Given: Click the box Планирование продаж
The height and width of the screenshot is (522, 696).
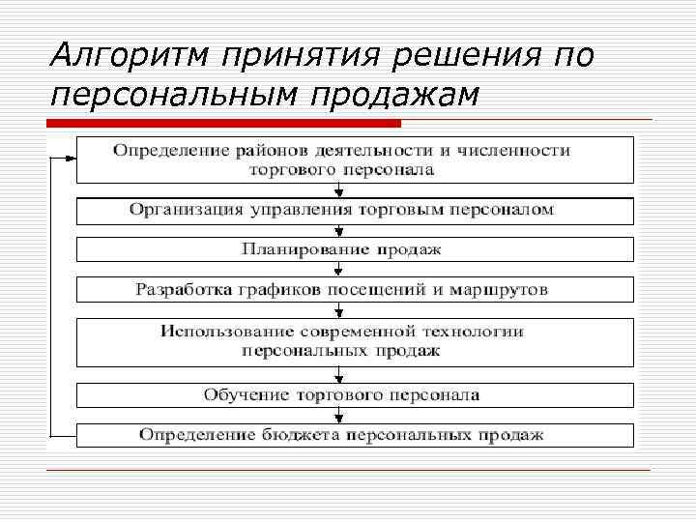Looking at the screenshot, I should point(355,249).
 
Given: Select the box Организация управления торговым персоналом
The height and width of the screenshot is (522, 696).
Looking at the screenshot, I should point(355,209).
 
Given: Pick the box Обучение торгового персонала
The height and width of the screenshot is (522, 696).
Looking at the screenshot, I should point(355,394).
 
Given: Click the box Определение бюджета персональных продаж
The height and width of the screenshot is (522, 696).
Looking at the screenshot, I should point(355,435).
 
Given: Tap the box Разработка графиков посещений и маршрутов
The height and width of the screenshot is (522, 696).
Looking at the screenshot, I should point(355,289).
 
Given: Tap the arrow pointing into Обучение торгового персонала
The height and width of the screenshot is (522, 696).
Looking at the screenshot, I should point(338,375).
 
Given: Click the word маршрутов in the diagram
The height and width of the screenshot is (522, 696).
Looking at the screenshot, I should point(511,289).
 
